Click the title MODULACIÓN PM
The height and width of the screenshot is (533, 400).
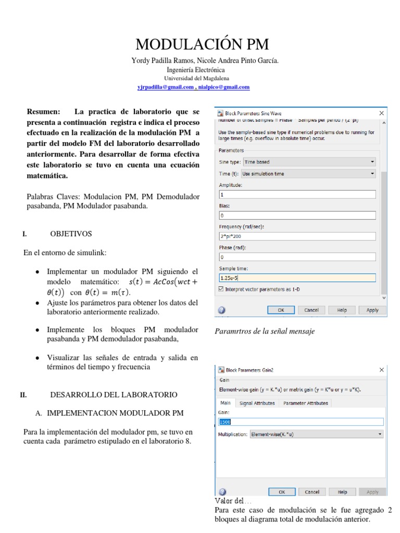coord(203,44)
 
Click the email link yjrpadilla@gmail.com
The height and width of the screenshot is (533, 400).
coord(165,87)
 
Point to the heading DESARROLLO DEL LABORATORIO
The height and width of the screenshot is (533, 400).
coord(114,395)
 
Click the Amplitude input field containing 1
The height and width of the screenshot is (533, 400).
coord(297,194)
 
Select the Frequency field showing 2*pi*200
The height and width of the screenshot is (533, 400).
coord(297,236)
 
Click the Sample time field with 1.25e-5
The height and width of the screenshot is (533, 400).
coord(297,278)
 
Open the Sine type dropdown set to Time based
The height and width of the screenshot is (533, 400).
coord(308,162)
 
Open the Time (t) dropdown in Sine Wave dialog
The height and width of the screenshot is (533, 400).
coord(308,174)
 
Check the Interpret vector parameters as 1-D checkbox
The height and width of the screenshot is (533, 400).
coord(221,289)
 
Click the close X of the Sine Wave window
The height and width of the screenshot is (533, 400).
coord(381,113)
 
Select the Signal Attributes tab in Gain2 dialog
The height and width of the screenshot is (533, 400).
coord(257,403)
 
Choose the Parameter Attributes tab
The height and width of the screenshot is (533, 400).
coord(305,403)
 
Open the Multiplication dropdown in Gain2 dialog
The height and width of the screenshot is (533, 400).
coord(316,434)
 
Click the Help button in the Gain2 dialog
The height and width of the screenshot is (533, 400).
coord(342,492)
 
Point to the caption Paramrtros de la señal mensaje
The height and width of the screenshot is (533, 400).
coord(265,332)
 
